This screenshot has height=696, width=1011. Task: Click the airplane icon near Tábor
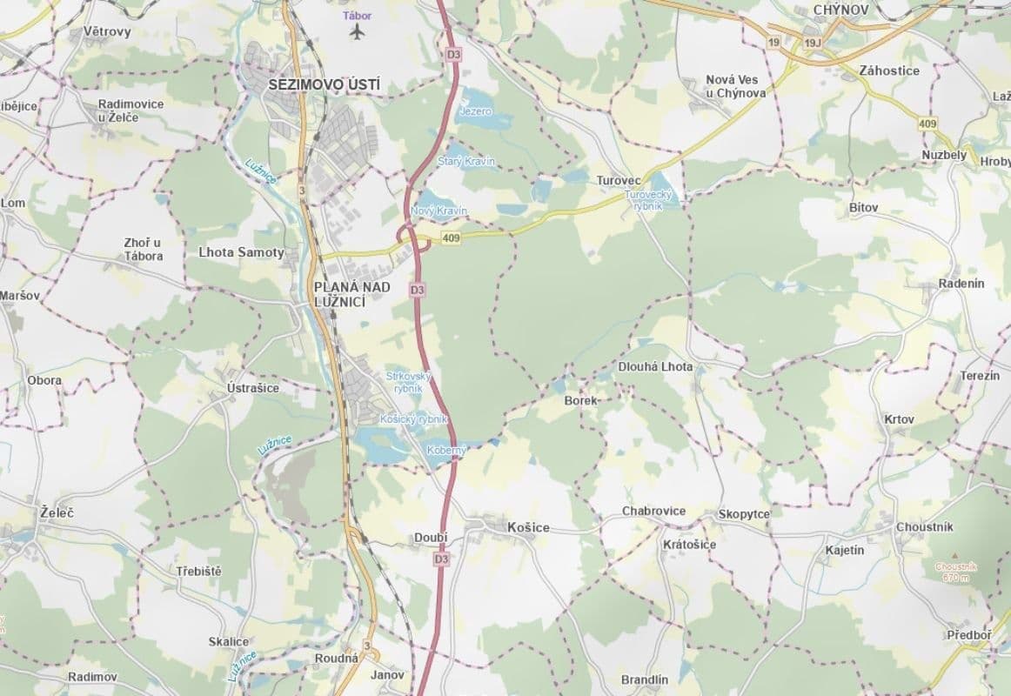(357, 32)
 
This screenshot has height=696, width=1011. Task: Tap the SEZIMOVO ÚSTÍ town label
(325, 85)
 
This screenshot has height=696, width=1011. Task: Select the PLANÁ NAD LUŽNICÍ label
(340, 293)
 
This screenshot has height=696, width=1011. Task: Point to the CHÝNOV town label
(841, 10)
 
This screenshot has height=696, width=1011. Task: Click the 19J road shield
(813, 42)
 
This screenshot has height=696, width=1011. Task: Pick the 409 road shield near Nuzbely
(927, 124)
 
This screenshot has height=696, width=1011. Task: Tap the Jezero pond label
(475, 112)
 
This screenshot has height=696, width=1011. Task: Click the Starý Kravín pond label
(466, 162)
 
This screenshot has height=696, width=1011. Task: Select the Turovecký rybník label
(644, 200)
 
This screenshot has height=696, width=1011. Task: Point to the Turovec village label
(619, 180)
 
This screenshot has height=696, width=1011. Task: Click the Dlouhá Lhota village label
(655, 367)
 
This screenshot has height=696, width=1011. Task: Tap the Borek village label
(580, 401)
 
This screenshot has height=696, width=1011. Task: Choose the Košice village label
(529, 527)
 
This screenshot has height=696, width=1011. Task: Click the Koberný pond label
(447, 450)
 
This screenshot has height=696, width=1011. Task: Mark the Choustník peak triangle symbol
(955, 555)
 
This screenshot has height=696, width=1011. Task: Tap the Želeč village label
(57, 513)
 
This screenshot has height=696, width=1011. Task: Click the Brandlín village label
(645, 679)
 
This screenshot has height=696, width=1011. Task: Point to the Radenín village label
(961, 284)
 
